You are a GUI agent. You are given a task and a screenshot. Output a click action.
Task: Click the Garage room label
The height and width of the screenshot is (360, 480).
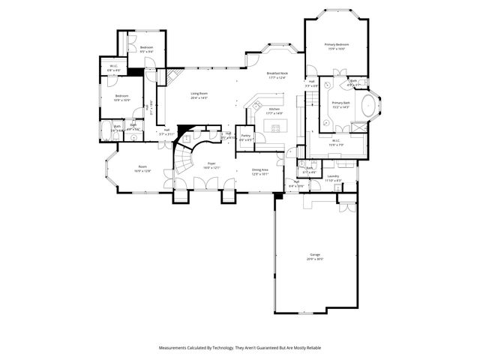[314, 255]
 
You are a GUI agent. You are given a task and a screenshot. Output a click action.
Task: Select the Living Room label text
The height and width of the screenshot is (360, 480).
[199, 94]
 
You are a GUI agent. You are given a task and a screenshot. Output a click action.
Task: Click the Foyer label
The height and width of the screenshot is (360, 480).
[212, 163]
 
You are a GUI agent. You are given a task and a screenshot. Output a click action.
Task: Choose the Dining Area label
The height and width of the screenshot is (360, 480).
[260, 170]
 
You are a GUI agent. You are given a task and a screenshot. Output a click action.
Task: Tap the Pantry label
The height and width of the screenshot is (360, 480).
[246, 136]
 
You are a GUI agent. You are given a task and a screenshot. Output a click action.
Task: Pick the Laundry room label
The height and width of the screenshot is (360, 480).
[332, 176]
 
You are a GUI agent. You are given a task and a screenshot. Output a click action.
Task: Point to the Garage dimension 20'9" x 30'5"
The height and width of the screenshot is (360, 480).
[314, 259]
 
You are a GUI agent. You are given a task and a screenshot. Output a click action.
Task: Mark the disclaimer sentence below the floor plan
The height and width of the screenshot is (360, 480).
[239, 347]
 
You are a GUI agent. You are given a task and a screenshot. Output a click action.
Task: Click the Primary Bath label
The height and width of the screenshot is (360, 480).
[341, 103]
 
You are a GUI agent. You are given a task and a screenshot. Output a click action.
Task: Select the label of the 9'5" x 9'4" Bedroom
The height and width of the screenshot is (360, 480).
[146, 47]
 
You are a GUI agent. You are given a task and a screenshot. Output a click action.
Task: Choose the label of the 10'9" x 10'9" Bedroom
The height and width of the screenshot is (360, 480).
[122, 95]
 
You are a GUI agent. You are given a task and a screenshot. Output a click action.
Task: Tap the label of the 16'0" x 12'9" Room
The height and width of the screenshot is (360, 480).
[142, 167]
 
